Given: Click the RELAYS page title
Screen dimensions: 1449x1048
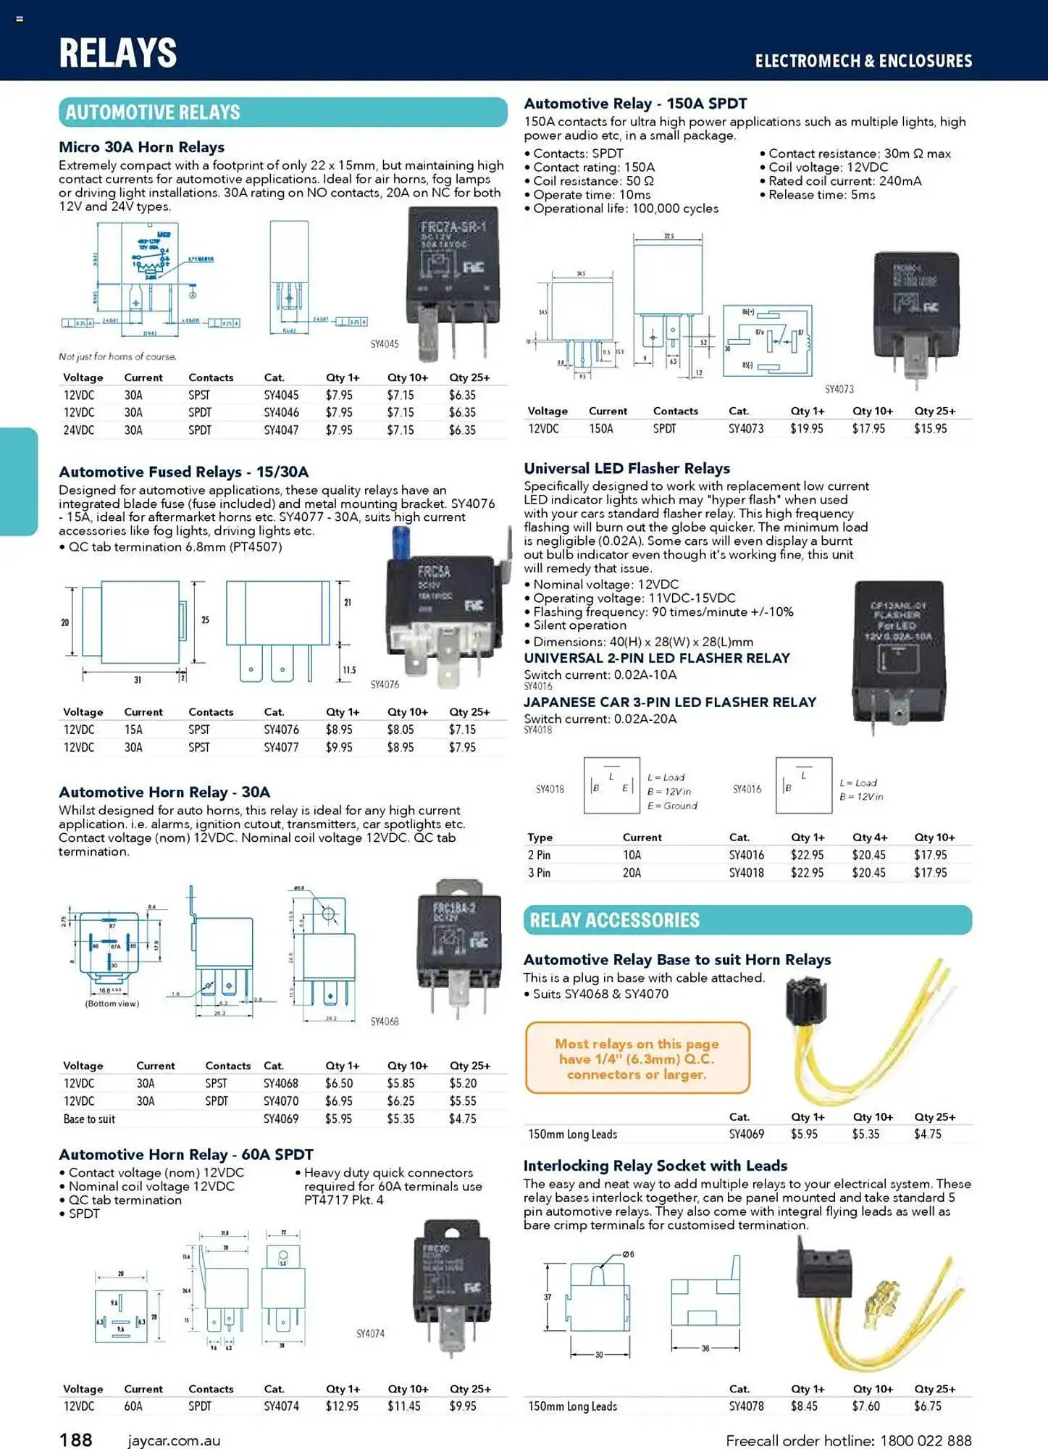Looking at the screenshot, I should [118, 53].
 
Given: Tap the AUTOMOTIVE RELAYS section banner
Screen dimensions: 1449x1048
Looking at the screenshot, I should [282, 112].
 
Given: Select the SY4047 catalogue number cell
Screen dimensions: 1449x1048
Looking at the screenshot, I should [281, 430].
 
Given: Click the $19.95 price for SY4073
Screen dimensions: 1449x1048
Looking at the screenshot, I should [806, 428].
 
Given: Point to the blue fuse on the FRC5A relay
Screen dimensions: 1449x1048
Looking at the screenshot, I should [399, 543].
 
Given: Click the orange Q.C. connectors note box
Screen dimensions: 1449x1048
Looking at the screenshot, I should [637, 1058].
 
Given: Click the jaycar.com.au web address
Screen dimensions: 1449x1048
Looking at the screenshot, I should [174, 1440].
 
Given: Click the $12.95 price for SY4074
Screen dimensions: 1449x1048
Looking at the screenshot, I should [342, 1406].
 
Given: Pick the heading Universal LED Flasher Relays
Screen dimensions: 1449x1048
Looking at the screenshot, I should [626, 468].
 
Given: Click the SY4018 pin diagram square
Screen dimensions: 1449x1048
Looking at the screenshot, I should [611, 785].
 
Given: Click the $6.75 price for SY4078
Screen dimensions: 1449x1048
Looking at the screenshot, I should [928, 1406].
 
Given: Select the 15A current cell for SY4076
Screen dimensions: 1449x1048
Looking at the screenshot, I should [133, 730].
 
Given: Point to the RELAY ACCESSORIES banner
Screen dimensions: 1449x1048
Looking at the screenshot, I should [747, 920].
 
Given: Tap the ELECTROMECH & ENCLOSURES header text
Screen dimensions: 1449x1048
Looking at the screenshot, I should [863, 61].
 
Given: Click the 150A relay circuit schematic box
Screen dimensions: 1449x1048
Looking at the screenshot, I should [767, 340].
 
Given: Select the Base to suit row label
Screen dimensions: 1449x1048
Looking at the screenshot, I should [89, 1119].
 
